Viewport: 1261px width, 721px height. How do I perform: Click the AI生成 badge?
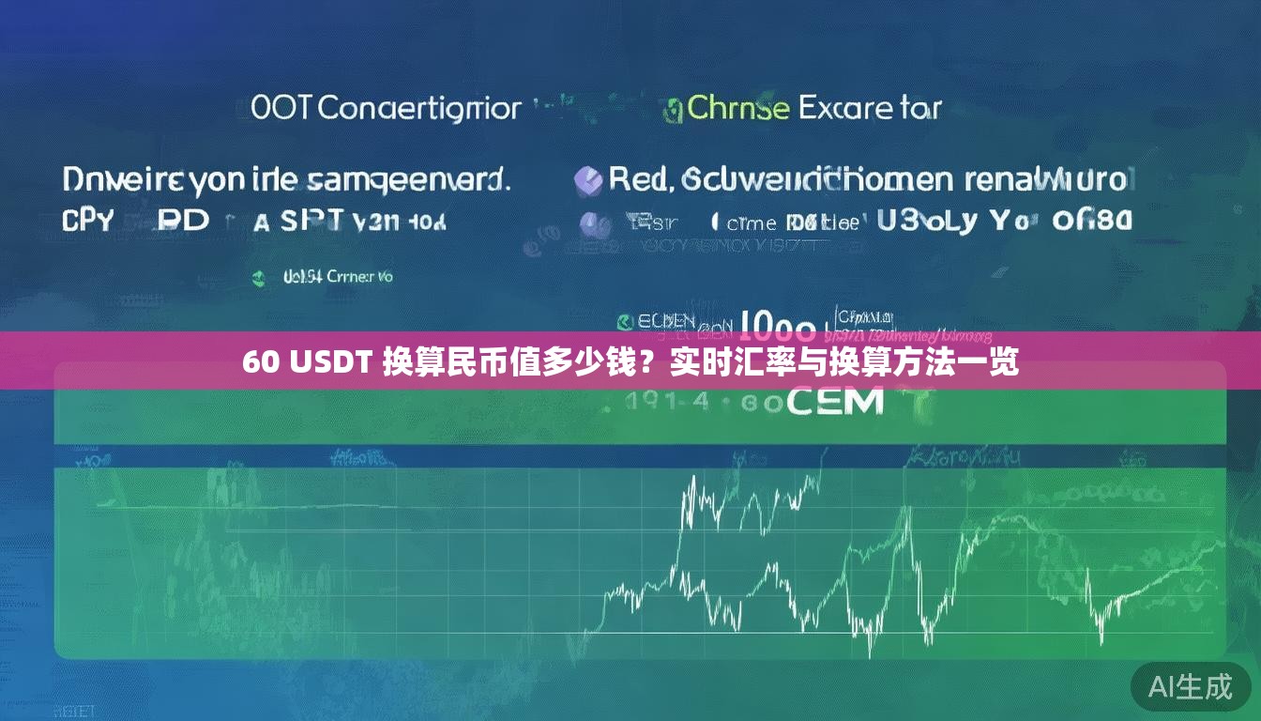coord(1191,686)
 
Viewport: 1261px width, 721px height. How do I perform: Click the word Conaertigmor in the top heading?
coord(418,108)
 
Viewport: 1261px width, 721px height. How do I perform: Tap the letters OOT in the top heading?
coord(282,108)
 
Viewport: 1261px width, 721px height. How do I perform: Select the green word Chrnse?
coord(737,108)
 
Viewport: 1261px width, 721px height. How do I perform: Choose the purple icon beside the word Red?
coord(588,180)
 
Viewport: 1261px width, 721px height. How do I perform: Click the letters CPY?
coord(87,222)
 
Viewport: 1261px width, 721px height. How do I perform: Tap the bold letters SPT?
coord(311,222)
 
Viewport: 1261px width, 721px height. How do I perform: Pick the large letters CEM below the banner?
coord(834,402)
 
